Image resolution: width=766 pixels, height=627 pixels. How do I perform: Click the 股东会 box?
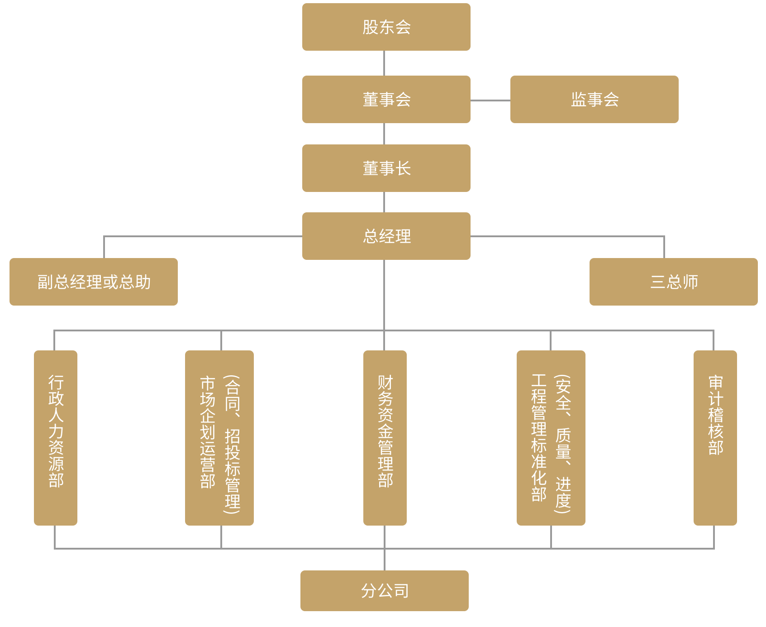coord(386,27)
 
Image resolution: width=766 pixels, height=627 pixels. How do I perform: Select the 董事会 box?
coord(386,99)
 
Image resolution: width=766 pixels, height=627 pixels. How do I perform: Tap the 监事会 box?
coord(594,99)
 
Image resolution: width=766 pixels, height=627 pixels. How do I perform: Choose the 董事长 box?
coord(386,168)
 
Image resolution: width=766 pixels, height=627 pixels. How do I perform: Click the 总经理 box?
coord(386,236)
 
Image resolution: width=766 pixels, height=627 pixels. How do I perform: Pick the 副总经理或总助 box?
coord(94,282)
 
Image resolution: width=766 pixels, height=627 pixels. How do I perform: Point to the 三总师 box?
coord(673,282)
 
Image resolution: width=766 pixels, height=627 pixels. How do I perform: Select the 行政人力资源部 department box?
coord(56,438)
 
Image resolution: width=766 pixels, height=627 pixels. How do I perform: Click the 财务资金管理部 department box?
coord(385,438)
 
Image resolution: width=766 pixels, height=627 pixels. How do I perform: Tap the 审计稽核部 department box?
coord(715,438)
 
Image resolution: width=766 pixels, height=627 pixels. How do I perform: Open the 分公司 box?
coord(384,590)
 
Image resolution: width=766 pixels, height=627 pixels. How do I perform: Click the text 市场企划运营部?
coord(207,432)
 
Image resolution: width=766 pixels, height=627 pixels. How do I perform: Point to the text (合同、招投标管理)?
coord(232,444)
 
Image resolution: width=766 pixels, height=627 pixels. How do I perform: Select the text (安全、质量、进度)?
coord(563,444)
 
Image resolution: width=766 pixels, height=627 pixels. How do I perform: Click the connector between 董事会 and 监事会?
coord(490,101)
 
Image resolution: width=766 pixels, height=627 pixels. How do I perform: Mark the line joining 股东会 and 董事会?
coord(384,63)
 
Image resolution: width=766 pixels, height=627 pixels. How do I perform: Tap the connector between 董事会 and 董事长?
coord(384,134)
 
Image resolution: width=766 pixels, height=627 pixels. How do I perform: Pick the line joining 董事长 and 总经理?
coord(384,202)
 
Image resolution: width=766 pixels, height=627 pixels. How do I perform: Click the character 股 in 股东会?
coord(370,27)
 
